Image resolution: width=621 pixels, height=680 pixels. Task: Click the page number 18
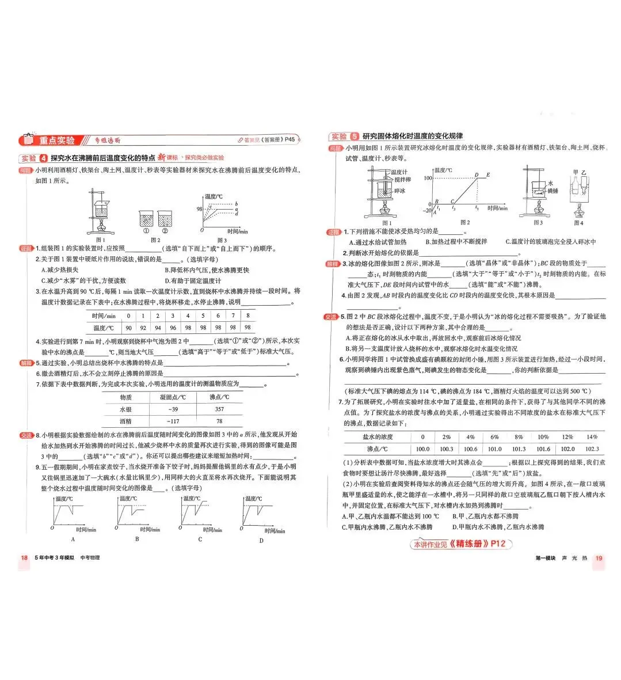click(x=24, y=557)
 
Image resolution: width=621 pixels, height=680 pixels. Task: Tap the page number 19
click(x=599, y=557)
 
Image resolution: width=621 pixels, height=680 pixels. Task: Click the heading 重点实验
click(x=57, y=140)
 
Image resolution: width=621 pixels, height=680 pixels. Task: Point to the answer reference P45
click(x=290, y=139)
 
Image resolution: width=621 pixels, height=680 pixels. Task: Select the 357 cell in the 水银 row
click(x=219, y=409)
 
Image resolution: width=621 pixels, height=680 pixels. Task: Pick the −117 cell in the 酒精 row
click(x=173, y=421)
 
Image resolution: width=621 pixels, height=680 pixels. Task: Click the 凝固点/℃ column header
click(x=173, y=397)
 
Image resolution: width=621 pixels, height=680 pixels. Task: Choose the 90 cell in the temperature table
click(x=128, y=328)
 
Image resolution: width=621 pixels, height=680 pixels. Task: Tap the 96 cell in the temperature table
click(x=173, y=328)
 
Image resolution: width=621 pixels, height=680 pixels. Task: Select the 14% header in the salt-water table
click(x=592, y=437)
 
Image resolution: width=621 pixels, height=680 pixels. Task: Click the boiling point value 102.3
click(x=592, y=449)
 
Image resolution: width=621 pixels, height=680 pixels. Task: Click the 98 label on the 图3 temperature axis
click(x=199, y=209)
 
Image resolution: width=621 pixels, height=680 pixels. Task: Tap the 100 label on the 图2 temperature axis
click(x=428, y=178)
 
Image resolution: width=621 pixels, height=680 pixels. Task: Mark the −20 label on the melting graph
click(x=426, y=211)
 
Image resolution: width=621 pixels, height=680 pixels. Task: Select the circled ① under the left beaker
click(x=146, y=231)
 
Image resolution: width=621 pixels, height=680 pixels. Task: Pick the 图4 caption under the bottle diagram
click(x=578, y=223)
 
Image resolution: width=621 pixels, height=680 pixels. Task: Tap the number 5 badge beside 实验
click(x=355, y=136)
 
